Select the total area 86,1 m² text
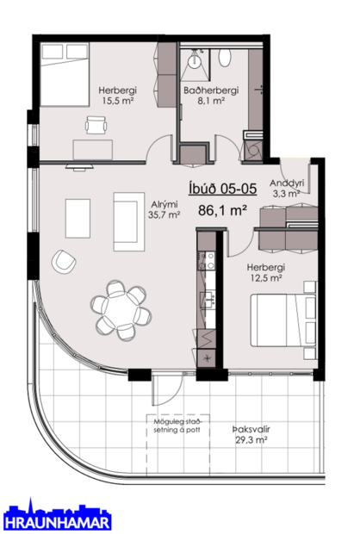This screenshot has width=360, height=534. point(222,209)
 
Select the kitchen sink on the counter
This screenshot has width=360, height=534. point(208,298)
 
